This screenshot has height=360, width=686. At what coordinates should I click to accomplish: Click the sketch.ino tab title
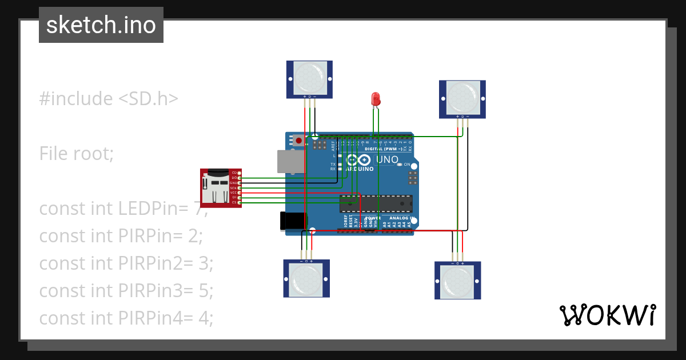point(101,25)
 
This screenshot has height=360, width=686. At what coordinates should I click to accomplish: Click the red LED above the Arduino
point(376,99)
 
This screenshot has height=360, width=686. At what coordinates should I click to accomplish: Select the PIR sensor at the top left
point(309,79)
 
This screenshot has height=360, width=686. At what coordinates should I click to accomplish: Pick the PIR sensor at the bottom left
point(306,278)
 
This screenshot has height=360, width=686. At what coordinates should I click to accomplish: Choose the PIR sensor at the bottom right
point(457,280)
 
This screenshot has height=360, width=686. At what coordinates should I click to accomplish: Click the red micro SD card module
point(220,188)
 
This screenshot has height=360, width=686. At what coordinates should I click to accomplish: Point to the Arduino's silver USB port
point(291,161)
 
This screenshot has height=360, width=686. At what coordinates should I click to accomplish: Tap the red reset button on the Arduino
point(298,140)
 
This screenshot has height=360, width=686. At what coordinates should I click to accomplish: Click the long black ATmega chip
point(376,203)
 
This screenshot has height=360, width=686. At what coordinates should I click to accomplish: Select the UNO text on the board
point(387,159)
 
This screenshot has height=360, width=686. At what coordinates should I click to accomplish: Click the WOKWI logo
point(607,315)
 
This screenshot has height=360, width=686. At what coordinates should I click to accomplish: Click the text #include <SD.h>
point(109,98)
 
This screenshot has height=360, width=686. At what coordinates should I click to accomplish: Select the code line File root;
point(77,153)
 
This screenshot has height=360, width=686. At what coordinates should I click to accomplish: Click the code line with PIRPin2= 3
point(126,263)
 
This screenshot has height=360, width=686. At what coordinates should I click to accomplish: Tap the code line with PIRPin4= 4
point(126,318)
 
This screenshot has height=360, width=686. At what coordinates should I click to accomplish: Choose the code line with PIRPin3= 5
point(126,290)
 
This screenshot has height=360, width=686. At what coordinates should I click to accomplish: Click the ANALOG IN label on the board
point(400,218)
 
